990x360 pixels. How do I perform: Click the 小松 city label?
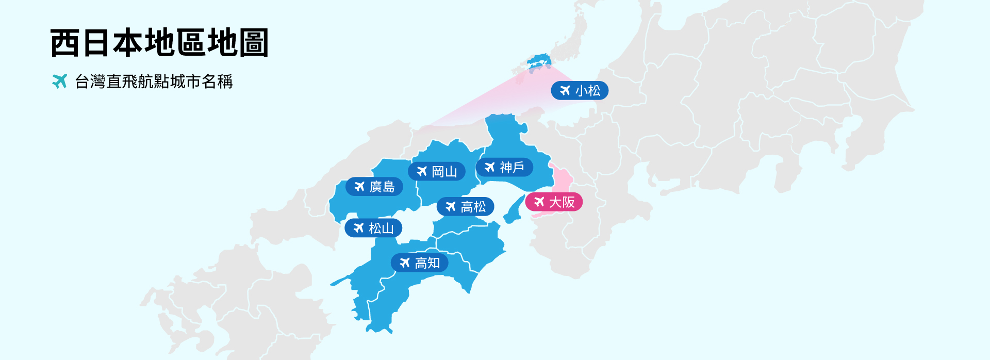580,91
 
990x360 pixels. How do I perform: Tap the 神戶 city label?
504,167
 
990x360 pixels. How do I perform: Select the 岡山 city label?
437,171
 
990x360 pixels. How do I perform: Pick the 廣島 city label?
374,187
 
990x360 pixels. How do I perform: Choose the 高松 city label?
465,207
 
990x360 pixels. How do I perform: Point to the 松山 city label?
373,228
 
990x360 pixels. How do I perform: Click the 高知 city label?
420,263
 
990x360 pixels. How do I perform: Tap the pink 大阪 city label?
554,202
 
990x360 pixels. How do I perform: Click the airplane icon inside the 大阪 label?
539,202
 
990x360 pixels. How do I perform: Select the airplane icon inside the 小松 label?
565,91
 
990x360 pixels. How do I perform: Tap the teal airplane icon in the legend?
60,81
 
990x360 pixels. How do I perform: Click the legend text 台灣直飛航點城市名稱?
154,81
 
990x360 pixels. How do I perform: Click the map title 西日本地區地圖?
159,42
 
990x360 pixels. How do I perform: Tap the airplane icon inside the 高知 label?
405,263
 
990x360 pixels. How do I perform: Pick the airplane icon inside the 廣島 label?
359,187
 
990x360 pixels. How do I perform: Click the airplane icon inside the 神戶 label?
489,167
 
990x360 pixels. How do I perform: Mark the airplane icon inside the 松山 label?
358,228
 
